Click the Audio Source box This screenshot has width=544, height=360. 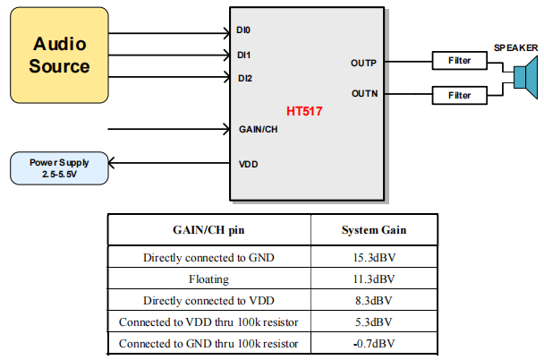pos(61,55)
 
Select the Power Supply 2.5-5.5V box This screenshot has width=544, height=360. pos(59,167)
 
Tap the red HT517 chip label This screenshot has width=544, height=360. pos(304,112)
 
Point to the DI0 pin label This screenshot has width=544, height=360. pos(244,30)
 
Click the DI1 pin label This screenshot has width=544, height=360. pos(244,55)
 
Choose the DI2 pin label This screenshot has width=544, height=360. pos(244,78)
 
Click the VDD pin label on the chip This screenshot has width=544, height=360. pos(248,165)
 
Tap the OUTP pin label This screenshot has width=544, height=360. pos(364,63)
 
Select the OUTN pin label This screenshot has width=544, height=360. pos(364,93)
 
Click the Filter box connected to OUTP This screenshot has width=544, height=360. pos(460,62)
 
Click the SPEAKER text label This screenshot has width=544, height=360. pos(516,47)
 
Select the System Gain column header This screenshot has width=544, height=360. pos(374,230)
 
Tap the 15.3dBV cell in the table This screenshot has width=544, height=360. pos(374,258)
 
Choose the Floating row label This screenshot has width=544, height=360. pos(208,279)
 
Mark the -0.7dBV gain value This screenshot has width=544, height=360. pos(374,343)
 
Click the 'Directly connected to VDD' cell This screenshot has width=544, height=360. pos(208,301)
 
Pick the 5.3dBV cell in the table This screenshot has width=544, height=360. pos(374,321)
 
